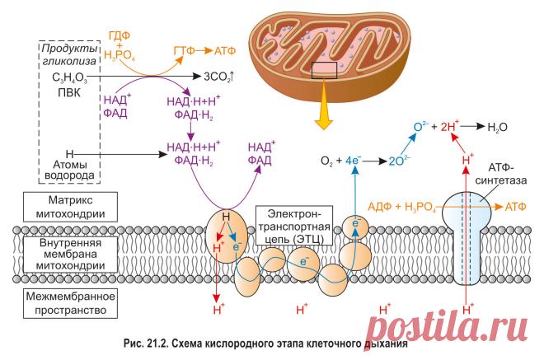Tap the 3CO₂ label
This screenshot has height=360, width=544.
219,77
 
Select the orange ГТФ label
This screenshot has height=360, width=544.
185,50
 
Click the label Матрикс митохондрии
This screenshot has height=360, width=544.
70,207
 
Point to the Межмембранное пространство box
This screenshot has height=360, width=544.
70,303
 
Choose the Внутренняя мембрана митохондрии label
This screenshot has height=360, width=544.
70,255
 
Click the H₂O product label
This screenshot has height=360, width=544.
497,128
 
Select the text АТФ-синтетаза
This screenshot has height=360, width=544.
501,174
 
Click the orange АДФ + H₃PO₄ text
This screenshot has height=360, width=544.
401,207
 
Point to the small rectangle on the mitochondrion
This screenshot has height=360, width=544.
324,70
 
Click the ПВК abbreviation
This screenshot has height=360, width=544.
69,93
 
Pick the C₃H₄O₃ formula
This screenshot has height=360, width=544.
69,77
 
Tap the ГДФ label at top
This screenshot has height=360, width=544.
120,35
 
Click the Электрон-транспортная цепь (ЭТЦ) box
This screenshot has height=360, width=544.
294,226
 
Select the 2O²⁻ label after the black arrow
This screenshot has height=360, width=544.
399,161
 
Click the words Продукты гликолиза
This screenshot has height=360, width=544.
69,55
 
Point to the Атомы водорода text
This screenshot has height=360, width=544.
69,170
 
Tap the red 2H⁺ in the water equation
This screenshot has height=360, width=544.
450,126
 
